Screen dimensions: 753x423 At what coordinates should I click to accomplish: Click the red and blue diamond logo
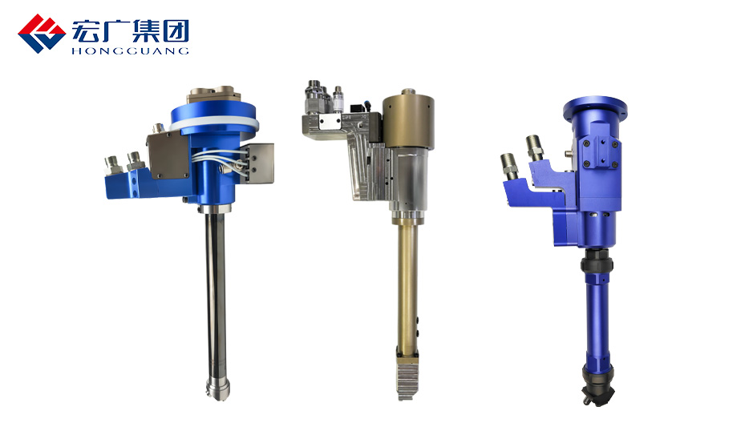[42, 33]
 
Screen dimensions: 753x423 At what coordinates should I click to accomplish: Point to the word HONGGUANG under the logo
[130, 50]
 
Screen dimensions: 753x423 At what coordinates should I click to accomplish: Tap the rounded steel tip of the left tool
[217, 389]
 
